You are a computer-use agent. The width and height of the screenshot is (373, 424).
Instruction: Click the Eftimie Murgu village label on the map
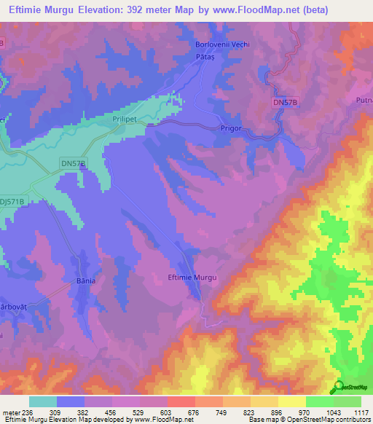pos(193,278)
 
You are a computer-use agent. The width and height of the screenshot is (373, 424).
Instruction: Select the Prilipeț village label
pos(125,116)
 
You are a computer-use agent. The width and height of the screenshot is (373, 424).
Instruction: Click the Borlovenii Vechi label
pos(223,44)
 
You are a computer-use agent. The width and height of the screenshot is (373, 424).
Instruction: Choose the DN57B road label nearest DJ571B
pos(72,165)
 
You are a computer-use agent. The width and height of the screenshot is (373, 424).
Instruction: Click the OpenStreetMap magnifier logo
pos(337,386)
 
